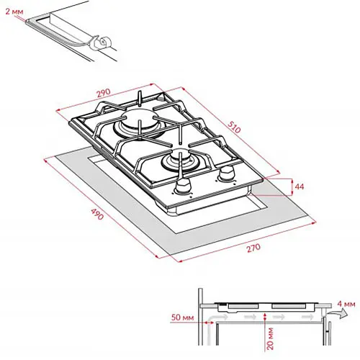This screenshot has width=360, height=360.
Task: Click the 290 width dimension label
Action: pyautogui.click(x=104, y=93)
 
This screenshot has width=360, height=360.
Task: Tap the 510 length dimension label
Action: pyautogui.click(x=234, y=127)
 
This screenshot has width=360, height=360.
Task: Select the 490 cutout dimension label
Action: pyautogui.click(x=97, y=214)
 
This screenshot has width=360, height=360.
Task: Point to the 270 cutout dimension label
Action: pyautogui.click(x=253, y=248)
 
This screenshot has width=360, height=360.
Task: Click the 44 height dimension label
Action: pyautogui.click(x=299, y=186)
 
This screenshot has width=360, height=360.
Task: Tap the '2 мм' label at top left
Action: pyautogui.click(x=14, y=12)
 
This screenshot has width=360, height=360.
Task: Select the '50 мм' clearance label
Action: pyautogui.click(x=182, y=318)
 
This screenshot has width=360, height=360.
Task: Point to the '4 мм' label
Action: pyautogui.click(x=346, y=304)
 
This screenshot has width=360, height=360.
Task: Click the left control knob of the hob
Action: pyautogui.click(x=183, y=186)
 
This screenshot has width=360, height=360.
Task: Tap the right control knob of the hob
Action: pyautogui.click(x=226, y=174)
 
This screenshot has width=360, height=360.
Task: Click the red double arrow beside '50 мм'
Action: pyautogui.click(x=208, y=323)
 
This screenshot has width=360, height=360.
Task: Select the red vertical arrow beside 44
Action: pyautogui.click(x=292, y=187)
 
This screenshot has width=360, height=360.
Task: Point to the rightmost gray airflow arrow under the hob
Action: pyautogui.click(x=307, y=317)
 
